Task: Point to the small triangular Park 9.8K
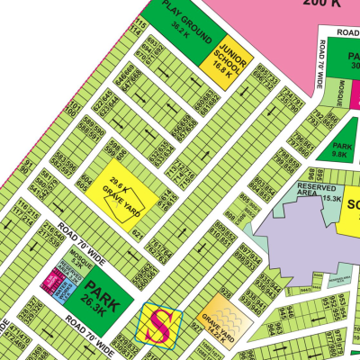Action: point(340,148)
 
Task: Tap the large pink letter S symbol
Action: point(159,324)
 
